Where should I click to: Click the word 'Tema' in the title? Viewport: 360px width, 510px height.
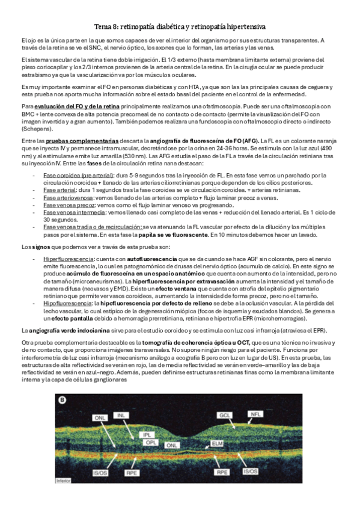coord(104,27)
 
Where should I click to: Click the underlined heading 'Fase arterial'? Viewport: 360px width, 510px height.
coord(58,189)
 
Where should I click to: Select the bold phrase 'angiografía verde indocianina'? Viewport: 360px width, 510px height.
coord(65,330)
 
